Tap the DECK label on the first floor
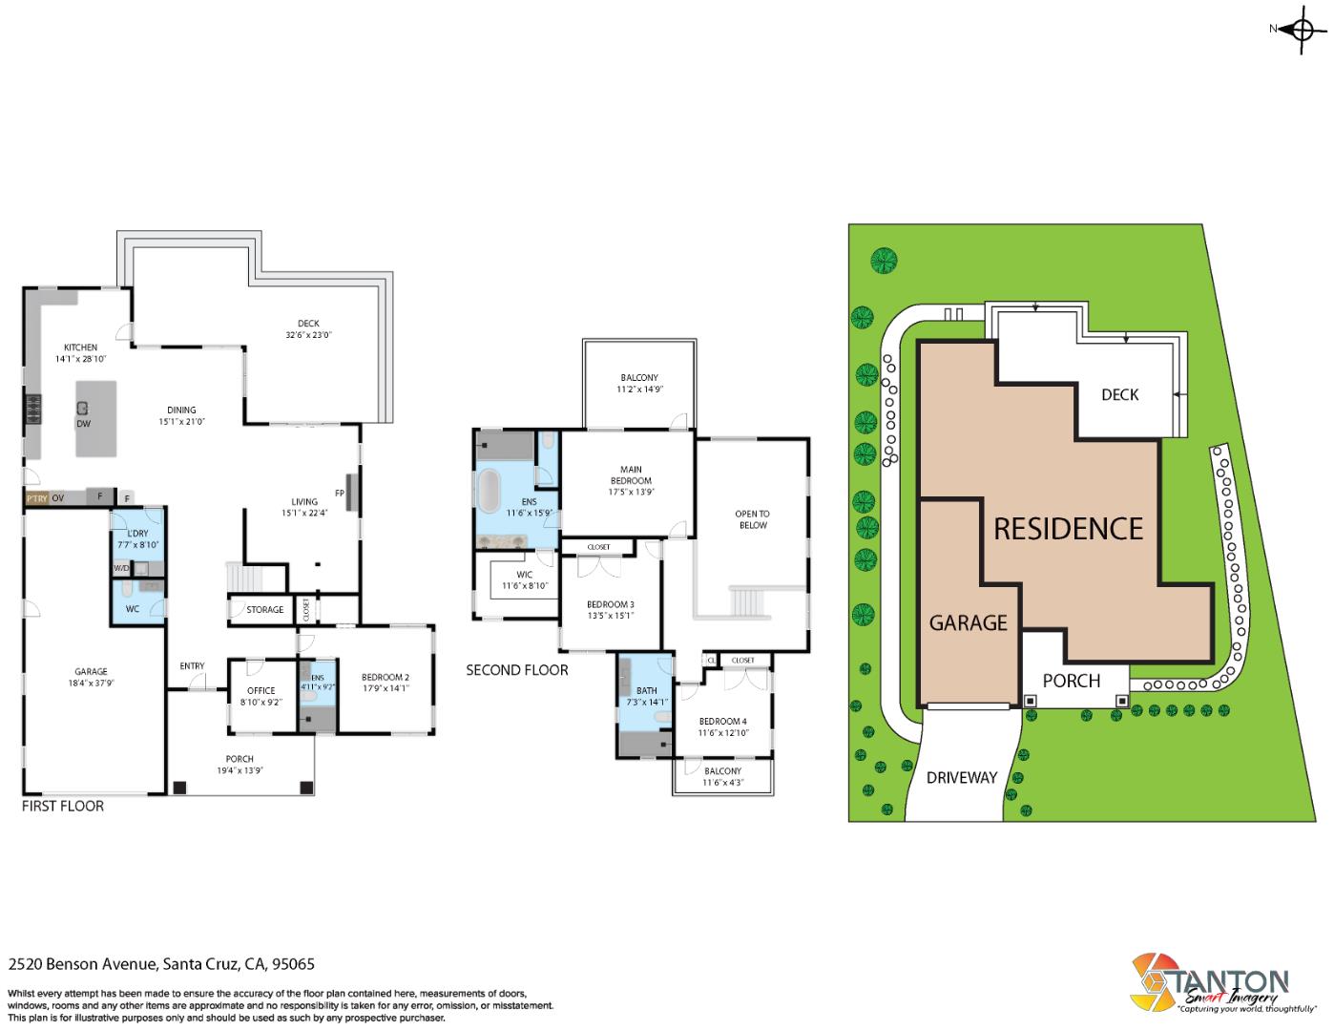pyautogui.click(x=308, y=324)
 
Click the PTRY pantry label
pyautogui.click(x=36, y=498)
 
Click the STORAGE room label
pyautogui.click(x=264, y=609)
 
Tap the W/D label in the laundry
pyautogui.click(x=121, y=569)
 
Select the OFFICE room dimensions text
pyautogui.click(x=261, y=703)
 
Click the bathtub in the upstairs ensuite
pyautogui.click(x=489, y=492)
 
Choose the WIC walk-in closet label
pyautogui.click(x=524, y=575)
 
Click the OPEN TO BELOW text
pyautogui.click(x=752, y=519)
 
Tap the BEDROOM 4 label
pyautogui.click(x=722, y=721)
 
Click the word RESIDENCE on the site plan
pyautogui.click(x=1068, y=529)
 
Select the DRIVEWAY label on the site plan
pyautogui.click(x=961, y=777)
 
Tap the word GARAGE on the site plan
pyautogui.click(x=968, y=623)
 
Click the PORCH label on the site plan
pyautogui.click(x=1071, y=681)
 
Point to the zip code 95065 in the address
pyautogui.click(x=294, y=964)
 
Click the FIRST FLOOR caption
pyautogui.click(x=63, y=806)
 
